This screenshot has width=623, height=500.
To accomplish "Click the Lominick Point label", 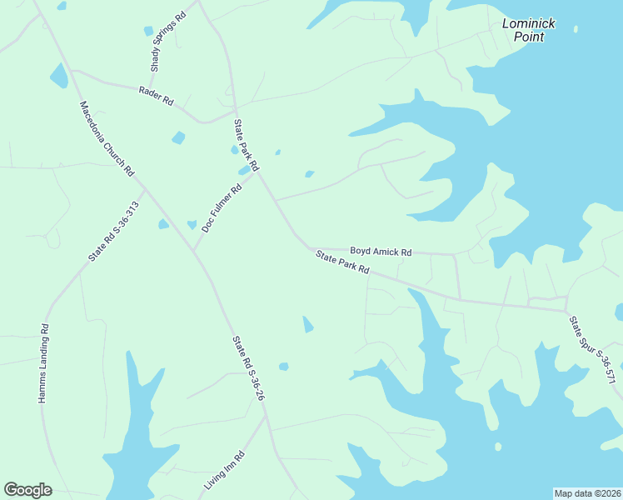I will coord(529,30).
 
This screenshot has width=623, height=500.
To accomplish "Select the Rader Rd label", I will coord(156,96).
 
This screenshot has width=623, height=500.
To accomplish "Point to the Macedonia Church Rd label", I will coord(107,138).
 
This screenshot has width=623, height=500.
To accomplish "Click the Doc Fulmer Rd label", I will coord(222,207).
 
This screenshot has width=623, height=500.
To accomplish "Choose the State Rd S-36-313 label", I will coord(113,231).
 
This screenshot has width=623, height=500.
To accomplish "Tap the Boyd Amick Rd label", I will coord(381,251).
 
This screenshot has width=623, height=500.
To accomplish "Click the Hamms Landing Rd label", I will coord(44,364).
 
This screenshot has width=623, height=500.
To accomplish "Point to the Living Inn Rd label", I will coord(225,471).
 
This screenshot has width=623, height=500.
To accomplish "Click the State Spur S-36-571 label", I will coord(593,350).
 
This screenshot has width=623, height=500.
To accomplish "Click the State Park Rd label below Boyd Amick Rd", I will coord(342,267).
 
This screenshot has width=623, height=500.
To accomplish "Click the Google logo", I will coord(27,490).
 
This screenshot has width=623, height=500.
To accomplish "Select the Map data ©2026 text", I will coord(587,493).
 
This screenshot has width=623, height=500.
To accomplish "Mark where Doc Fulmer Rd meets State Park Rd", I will coord(257,172).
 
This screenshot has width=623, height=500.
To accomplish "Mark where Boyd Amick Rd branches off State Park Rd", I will coord(313,247).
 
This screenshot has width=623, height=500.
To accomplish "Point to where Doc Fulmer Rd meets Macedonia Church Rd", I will coord(194,251).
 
